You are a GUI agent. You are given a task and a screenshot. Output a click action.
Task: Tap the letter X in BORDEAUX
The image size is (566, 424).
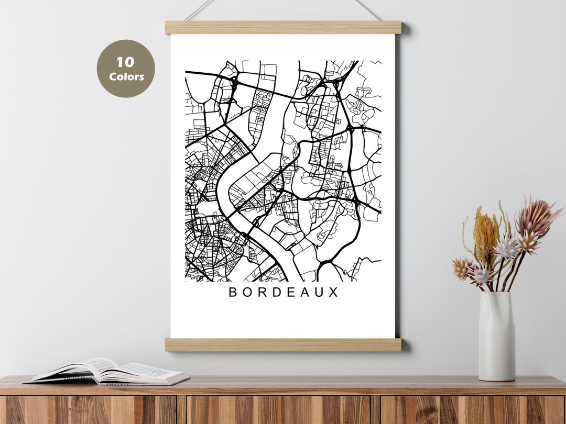point(334,292)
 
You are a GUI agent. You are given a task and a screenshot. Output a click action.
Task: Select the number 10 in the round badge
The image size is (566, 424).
point(125,62)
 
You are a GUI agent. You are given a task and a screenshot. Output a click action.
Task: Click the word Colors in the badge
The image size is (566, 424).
point(126,76)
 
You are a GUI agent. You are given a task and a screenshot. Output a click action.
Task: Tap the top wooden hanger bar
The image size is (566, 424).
point(283,27)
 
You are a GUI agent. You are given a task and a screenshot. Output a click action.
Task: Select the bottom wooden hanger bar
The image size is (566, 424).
point(283,344)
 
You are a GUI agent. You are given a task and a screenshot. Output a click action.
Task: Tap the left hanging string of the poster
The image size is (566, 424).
point(200,10)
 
